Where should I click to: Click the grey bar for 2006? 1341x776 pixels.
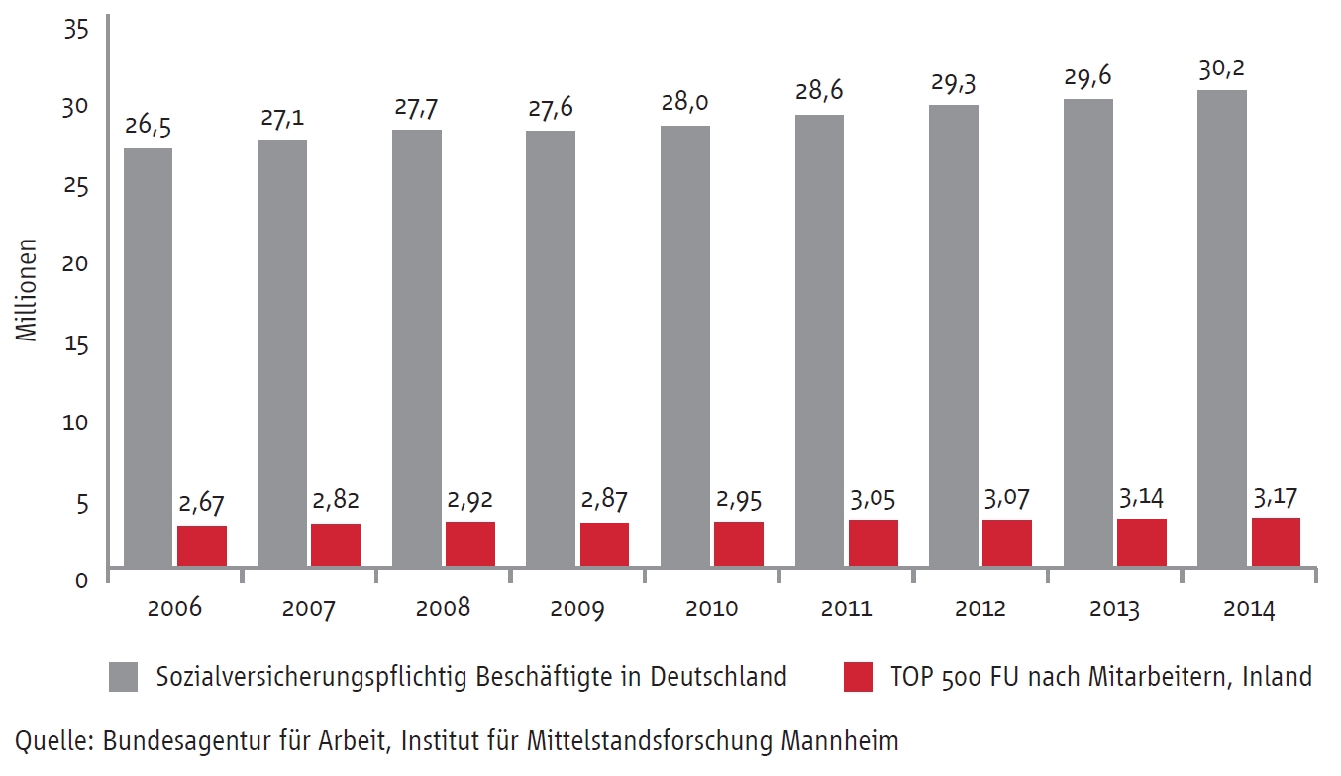click(x=148, y=357)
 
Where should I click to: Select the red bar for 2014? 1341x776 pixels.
click(x=1275, y=541)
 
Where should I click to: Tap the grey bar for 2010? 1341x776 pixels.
click(x=685, y=346)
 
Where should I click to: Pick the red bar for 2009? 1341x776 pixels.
click(x=604, y=544)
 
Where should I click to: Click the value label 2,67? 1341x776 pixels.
click(x=202, y=505)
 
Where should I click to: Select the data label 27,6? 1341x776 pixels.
click(x=551, y=108)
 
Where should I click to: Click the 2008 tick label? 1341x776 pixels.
click(x=443, y=608)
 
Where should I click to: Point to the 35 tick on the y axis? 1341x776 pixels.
click(x=76, y=31)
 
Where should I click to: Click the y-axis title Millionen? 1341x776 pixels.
click(x=27, y=289)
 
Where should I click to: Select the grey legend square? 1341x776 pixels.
click(x=124, y=677)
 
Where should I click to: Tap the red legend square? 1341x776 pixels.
click(x=858, y=677)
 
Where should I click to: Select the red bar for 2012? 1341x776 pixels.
click(x=1006, y=542)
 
